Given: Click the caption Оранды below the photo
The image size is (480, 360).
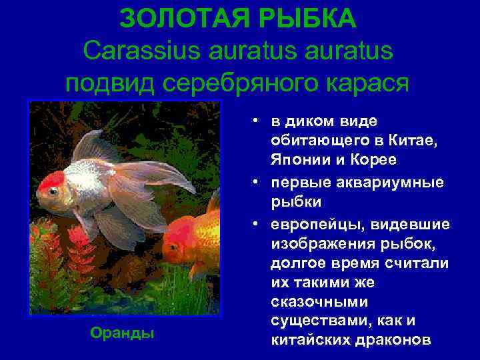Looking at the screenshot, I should tap(123, 333).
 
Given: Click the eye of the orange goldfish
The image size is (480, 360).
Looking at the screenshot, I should tap(173, 247).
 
